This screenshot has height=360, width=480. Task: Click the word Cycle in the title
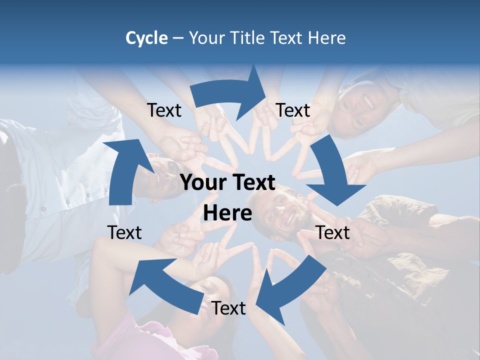coord(146,38)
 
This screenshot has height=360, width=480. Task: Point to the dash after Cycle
coord(178,38)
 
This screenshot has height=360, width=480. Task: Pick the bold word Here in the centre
coord(227,213)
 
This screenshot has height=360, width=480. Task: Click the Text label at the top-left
coord(164,110)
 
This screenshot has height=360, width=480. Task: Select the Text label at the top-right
coord(293,110)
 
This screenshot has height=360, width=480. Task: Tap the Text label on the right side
coord(333,232)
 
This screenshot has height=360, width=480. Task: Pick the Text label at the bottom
coord(228,308)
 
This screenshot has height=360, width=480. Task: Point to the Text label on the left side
coord(124,232)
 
